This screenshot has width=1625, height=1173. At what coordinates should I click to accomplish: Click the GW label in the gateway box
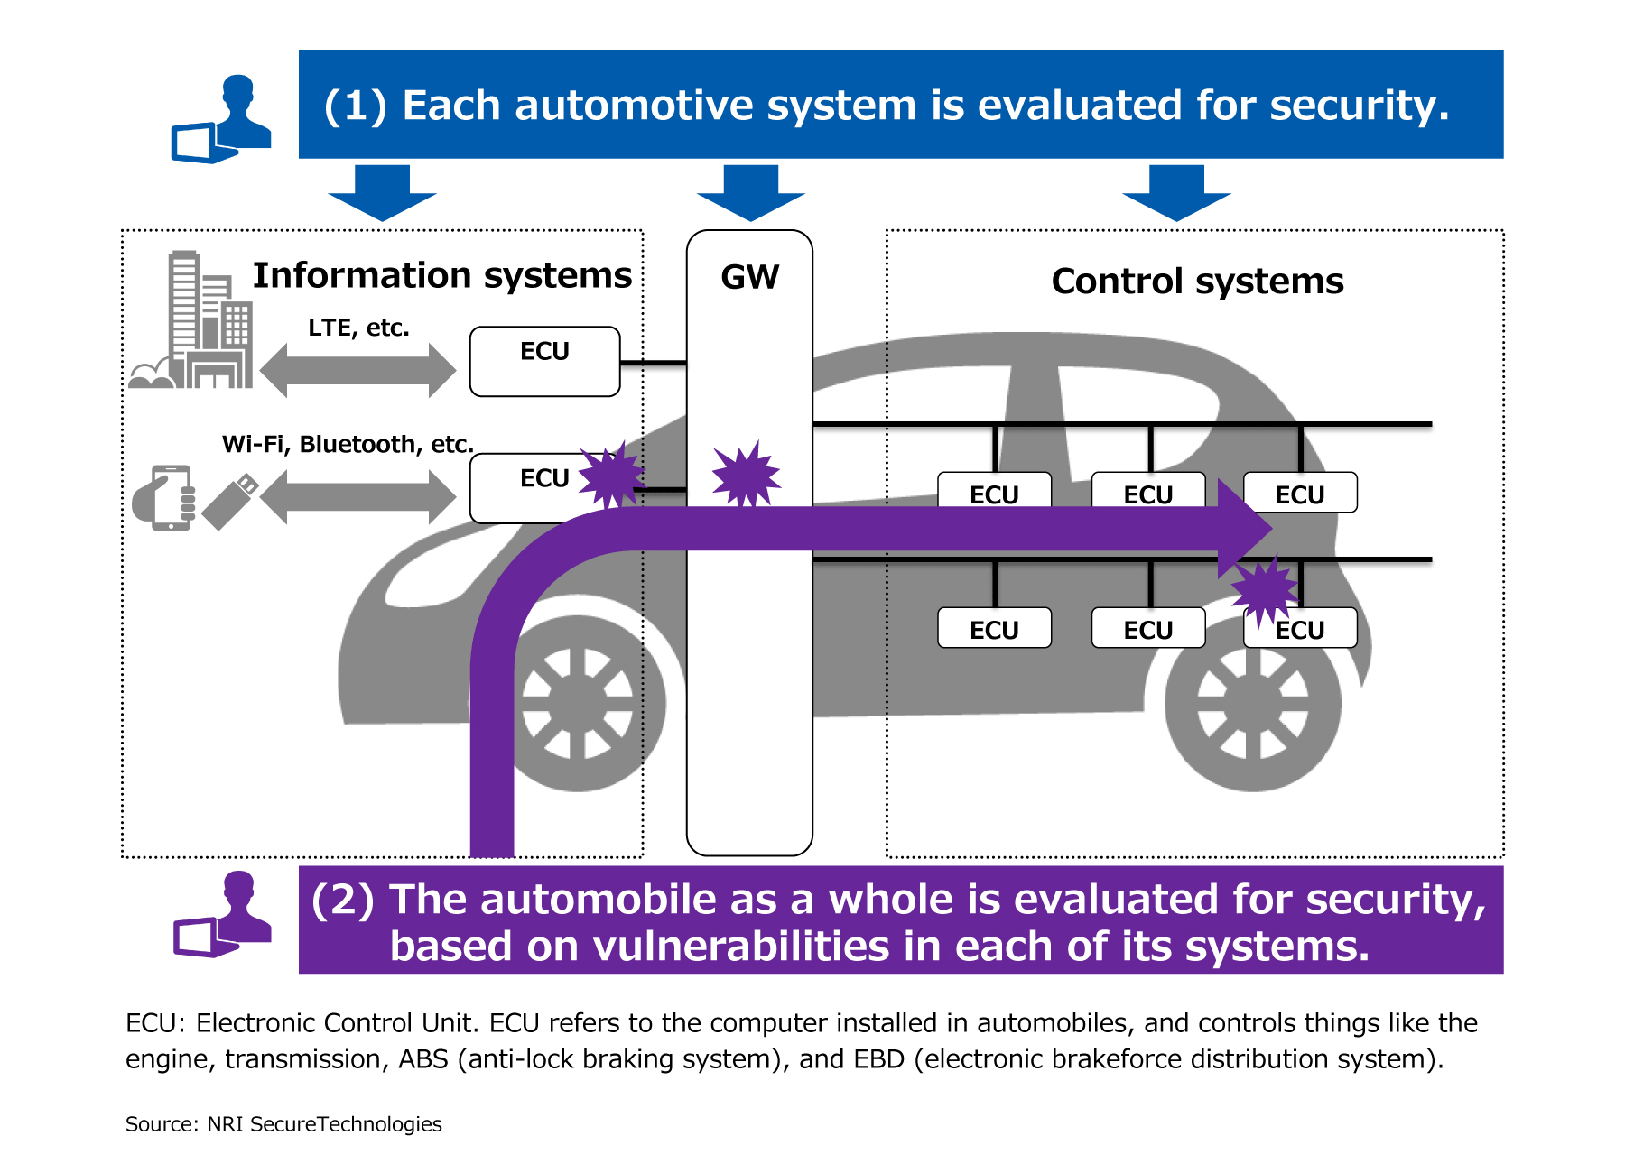pos(749,277)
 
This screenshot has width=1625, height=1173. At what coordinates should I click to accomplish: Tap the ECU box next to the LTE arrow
pos(544,361)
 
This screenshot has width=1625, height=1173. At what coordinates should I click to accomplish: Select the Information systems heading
pos(441,275)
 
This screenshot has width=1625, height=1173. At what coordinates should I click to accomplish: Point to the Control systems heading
pos(1197,282)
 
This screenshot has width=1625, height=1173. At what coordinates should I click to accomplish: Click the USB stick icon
pos(230,502)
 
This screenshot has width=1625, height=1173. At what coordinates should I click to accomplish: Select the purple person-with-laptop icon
pos(224,915)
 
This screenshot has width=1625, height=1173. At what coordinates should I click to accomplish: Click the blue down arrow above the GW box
pos(750,192)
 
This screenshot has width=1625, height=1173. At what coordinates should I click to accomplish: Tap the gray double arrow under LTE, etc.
pos(357,370)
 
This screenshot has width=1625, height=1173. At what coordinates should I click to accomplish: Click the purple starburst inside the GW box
pos(746,475)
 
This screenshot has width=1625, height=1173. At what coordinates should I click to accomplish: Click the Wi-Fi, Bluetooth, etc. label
pos(348,444)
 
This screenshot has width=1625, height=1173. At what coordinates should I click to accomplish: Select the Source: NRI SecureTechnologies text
pos(283,1124)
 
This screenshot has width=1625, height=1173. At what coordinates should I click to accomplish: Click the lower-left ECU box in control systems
pos(994,629)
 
